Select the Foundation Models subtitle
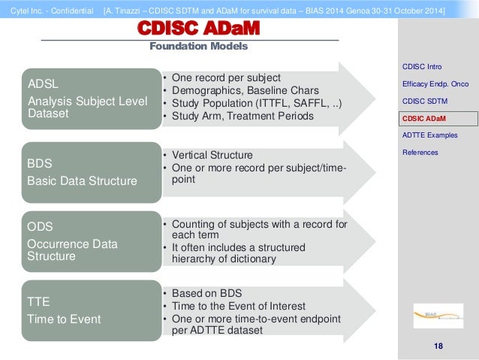pyautogui.click(x=198, y=47)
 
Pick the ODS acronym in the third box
pyautogui.click(x=41, y=225)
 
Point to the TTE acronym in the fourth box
pyautogui.click(x=39, y=301)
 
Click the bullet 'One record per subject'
pyautogui.click(x=226, y=77)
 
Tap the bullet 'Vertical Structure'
pyautogui.click(x=212, y=155)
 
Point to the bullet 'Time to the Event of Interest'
pyautogui.click(x=239, y=306)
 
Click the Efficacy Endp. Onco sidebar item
pyautogui.click(x=435, y=84)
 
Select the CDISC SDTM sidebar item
pyautogui.click(x=424, y=101)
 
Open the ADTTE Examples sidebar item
pyautogui.click(x=429, y=135)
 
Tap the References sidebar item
pyautogui.click(x=420, y=153)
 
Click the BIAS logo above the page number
pyautogui.click(x=438, y=316)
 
